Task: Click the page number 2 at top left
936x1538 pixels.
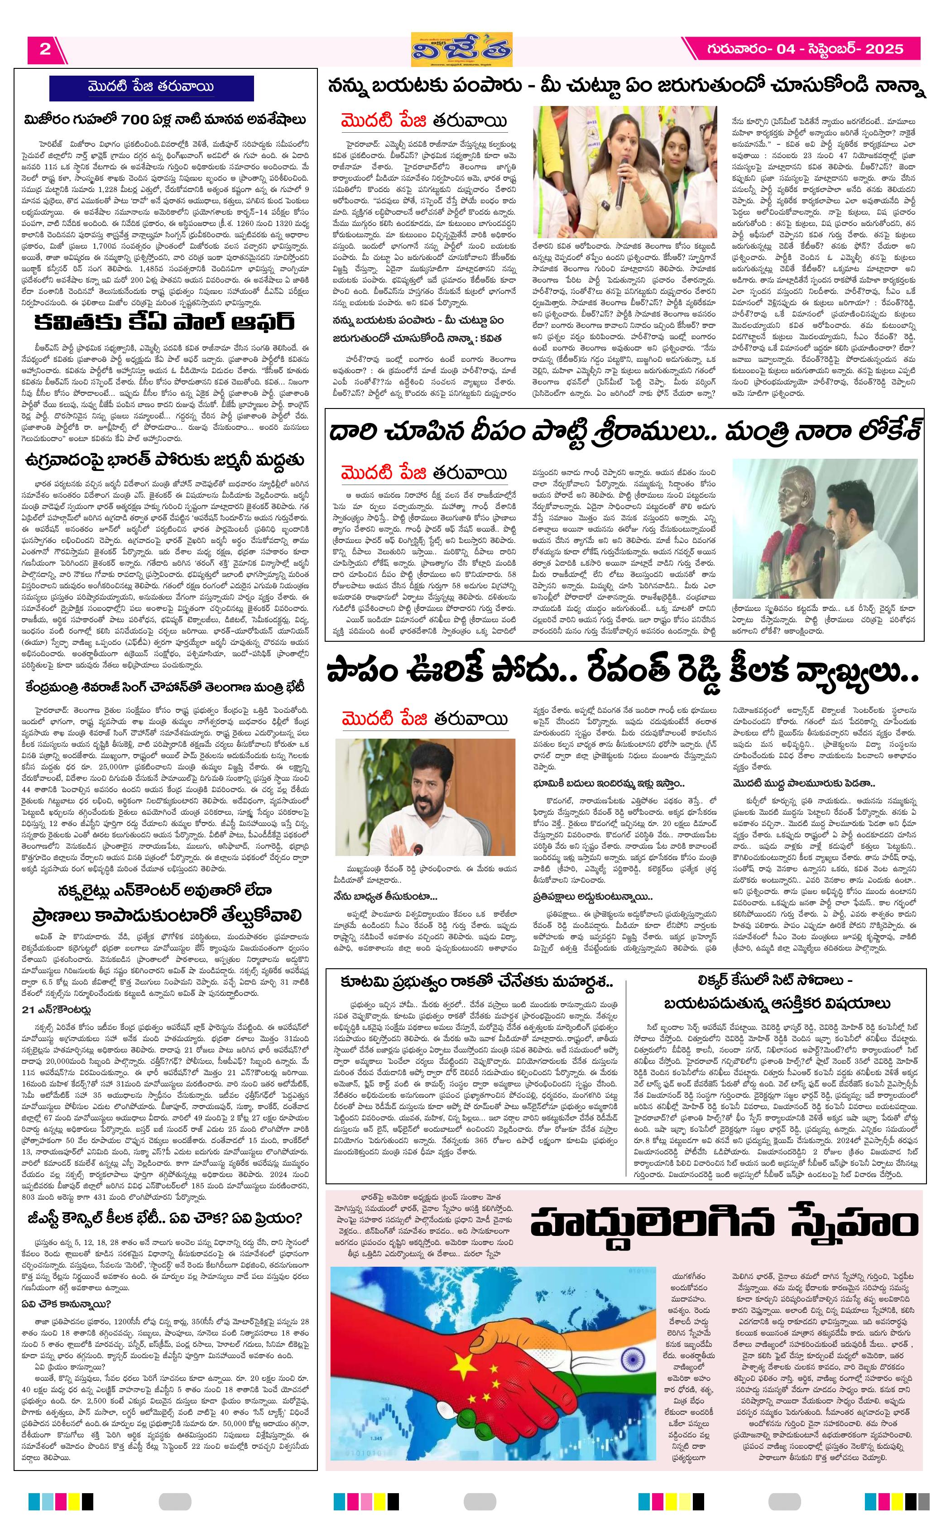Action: click(x=45, y=49)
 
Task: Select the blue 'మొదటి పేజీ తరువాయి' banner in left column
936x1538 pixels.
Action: click(x=151, y=87)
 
